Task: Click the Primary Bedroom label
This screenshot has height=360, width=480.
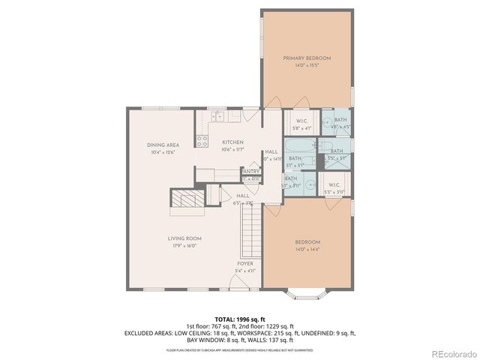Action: (x=307, y=58)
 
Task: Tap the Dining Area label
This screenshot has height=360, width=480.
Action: (x=162, y=145)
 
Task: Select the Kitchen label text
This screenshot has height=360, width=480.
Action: (x=232, y=142)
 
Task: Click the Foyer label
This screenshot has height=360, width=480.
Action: (x=245, y=264)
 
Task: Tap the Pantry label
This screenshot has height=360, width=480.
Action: (x=250, y=171)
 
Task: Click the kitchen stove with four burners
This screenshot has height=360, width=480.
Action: (x=202, y=139)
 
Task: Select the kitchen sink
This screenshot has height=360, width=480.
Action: (x=217, y=116)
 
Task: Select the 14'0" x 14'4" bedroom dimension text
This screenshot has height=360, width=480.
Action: (x=307, y=250)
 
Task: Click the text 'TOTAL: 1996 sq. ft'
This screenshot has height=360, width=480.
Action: (x=239, y=319)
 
